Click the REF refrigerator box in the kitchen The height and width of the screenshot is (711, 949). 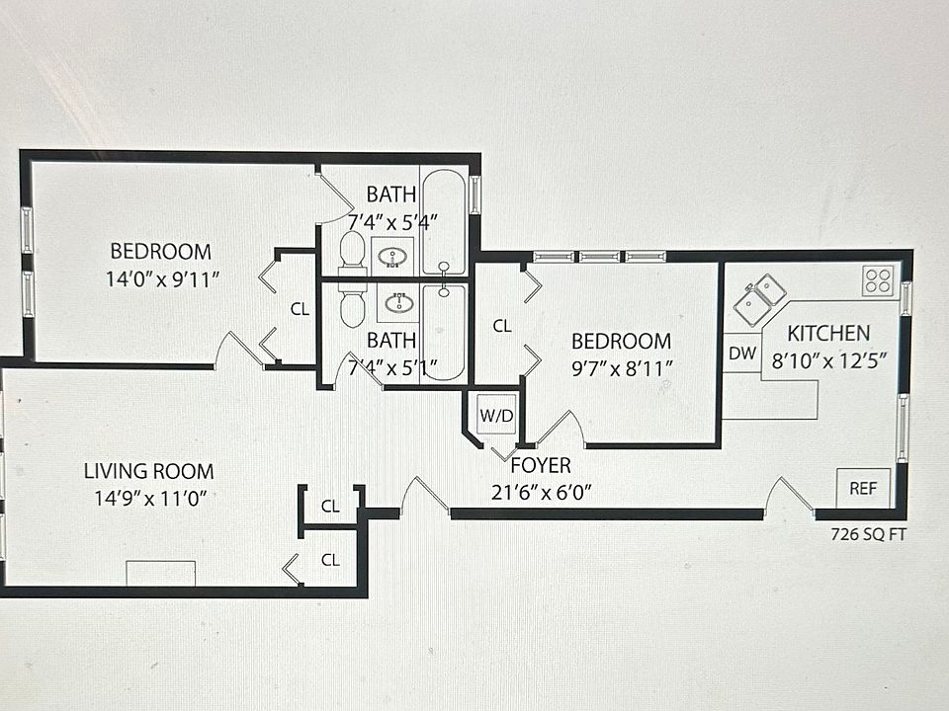coord(863,488)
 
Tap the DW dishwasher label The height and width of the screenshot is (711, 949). coord(742,354)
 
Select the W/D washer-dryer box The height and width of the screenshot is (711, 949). coord(496,415)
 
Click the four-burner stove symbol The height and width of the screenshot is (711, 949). coord(878,280)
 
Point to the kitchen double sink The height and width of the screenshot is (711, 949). coord(759,300)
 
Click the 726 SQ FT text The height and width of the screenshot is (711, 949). coord(868,534)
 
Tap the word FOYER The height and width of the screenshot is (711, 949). coord(541,465)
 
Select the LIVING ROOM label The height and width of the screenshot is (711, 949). coord(149,471)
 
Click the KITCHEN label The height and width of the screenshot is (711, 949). coord(828,333)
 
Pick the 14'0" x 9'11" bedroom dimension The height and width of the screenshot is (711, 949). coord(162,279)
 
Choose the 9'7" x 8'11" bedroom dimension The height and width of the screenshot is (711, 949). coord(622,368)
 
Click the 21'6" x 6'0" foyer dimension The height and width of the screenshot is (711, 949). coord(541,493)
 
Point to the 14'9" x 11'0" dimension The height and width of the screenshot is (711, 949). coord(150,498)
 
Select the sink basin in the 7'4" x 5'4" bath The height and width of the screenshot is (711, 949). coord(395,257)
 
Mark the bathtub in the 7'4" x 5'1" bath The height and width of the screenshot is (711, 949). coord(444,332)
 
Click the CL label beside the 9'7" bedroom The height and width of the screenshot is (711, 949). coord(502,326)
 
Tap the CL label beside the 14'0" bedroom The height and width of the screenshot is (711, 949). coord(300,309)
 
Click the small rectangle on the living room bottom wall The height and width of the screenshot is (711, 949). coord(160,573)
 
